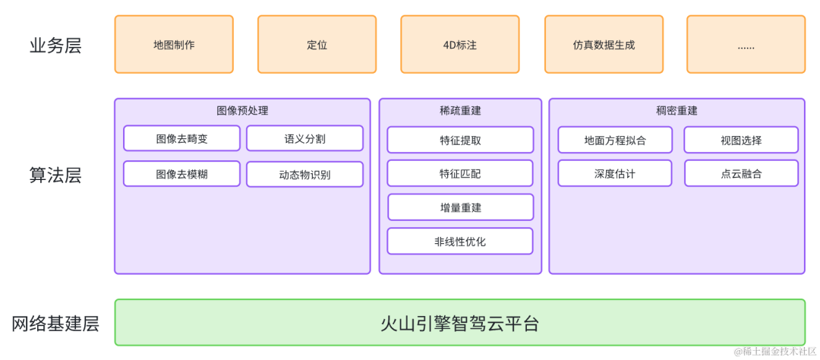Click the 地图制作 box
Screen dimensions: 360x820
[174, 45]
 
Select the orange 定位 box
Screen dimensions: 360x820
[317, 45]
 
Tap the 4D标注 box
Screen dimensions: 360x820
[460, 45]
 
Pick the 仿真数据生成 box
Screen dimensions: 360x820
[604, 45]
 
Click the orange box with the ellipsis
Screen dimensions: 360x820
[746, 45]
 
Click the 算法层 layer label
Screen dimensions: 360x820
[55, 176]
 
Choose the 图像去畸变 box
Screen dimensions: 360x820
[181, 139]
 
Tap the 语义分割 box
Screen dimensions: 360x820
[304, 139]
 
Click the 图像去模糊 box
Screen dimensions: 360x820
[181, 174]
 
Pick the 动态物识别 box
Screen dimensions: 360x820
[304, 175]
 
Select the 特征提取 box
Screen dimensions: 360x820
[460, 141]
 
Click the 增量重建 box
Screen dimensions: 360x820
[460, 207]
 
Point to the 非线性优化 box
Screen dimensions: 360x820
[460, 242]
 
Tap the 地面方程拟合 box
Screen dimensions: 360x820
[615, 141]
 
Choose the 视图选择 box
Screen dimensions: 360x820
[741, 141]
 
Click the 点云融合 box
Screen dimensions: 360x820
[741, 174]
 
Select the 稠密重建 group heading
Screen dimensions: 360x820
[676, 111]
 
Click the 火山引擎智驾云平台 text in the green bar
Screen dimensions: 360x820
[460, 324]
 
